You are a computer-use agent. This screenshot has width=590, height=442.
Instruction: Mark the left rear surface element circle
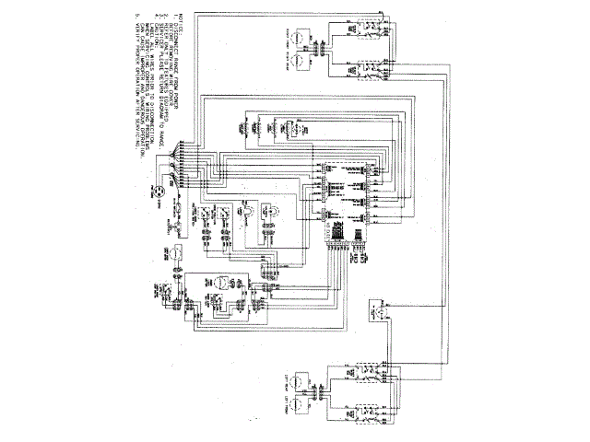[x=313, y=378]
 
